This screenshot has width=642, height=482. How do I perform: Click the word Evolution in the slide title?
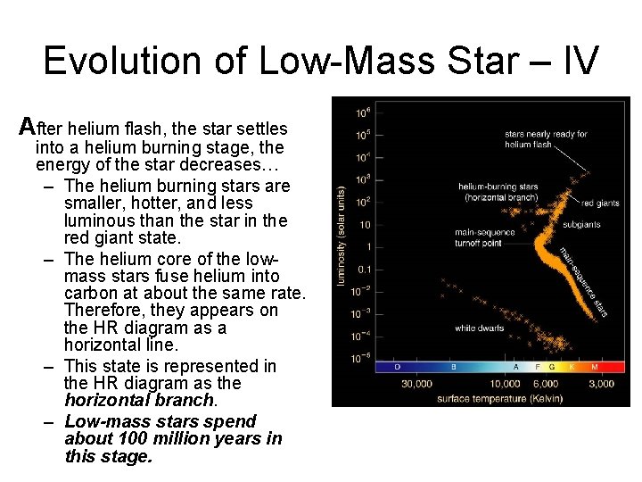coord(120,60)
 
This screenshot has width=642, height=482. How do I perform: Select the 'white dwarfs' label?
coord(480,328)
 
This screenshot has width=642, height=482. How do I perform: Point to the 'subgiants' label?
coord(580,224)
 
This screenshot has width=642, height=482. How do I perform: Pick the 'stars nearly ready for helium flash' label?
coord(546,139)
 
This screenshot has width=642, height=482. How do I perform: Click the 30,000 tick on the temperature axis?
coord(416,384)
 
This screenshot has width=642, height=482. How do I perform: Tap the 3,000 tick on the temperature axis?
coord(600,384)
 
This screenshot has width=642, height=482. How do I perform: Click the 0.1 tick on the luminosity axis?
coord(364,269)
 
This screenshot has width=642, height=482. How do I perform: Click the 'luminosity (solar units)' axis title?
coord(341,236)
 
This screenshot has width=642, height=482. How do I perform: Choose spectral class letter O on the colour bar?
coord(397,367)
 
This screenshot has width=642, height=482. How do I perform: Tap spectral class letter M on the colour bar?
coord(594,367)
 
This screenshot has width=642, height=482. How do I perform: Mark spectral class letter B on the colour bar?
coord(453,367)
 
